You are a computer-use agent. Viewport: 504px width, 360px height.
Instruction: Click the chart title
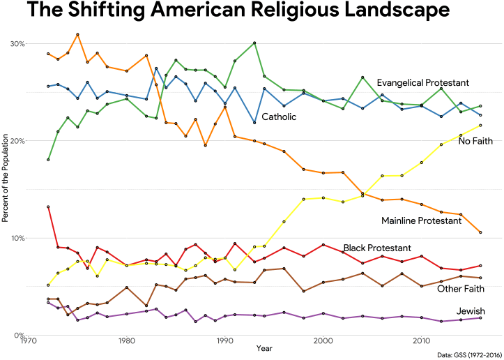pos(237,12)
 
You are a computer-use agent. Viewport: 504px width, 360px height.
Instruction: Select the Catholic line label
pos(279,117)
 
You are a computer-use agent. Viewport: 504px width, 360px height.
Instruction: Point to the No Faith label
pos(475,142)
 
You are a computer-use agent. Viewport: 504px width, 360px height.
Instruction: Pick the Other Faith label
pos(461,288)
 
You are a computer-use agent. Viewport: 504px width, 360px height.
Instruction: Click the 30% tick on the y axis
pos(17,43)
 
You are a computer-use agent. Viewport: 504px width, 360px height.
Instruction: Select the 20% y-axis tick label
pos(17,140)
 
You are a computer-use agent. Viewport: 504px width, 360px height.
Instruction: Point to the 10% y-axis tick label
pos(17,238)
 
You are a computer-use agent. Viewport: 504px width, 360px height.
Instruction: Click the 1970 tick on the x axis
pos(29,341)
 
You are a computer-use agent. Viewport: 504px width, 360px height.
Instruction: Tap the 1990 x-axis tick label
pos(225,341)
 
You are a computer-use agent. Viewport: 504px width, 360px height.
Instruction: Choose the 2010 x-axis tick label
pos(421,341)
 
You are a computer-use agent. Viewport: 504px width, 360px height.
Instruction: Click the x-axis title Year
pos(264,348)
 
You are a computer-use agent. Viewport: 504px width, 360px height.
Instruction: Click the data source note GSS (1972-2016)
pos(468,355)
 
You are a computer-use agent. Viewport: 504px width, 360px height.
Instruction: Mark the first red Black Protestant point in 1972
pos(48,207)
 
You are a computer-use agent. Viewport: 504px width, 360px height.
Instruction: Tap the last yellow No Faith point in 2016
pos(480,126)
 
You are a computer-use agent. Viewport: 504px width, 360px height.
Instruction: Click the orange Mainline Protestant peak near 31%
pos(77,34)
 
